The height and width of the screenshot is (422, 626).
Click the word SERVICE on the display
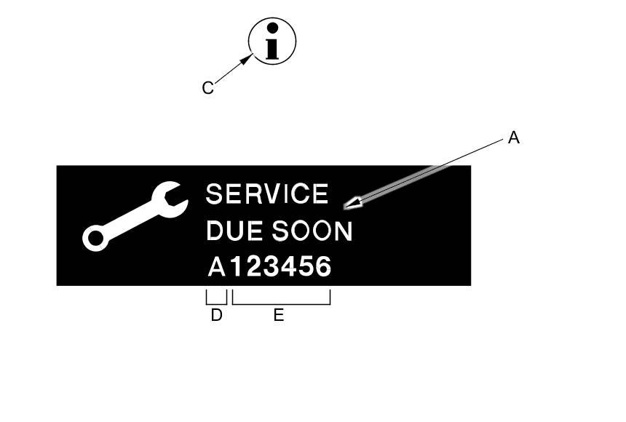(267, 194)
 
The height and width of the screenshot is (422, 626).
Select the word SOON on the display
(312, 231)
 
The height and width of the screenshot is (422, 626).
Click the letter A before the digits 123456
(216, 268)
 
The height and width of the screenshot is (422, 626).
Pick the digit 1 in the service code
(236, 268)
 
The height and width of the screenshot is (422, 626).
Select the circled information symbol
(272, 41)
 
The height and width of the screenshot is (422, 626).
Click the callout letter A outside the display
(514, 138)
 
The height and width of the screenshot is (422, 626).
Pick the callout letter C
(207, 88)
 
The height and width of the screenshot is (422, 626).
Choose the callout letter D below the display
(216, 316)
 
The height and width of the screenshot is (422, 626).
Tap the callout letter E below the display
(279, 316)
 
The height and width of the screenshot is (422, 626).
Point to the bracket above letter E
(281, 303)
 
